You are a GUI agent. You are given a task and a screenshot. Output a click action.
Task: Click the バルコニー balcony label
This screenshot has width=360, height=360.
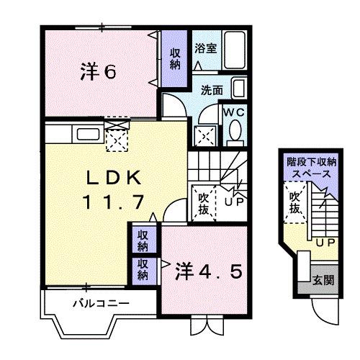tap(101, 303)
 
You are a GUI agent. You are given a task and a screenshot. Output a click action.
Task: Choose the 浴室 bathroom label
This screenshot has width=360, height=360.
tap(206, 48)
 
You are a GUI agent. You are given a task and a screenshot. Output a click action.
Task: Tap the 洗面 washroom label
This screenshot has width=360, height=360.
tap(211, 91)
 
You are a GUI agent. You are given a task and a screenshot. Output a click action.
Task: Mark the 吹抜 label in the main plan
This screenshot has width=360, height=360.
tap(204, 202)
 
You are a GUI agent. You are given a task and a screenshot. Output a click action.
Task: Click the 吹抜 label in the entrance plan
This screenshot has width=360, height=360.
tap(294, 202)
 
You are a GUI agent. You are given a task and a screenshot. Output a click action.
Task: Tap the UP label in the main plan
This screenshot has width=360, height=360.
tap(233, 204)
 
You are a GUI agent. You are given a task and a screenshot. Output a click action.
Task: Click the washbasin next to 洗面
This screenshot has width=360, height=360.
tap(238, 91)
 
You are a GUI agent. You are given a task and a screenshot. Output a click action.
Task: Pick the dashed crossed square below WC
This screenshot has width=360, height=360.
tap(205, 134)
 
